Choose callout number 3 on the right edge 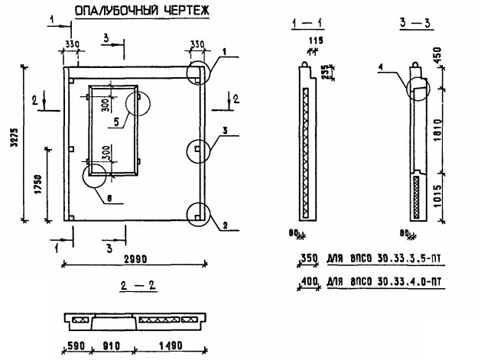[x=226, y=131]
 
